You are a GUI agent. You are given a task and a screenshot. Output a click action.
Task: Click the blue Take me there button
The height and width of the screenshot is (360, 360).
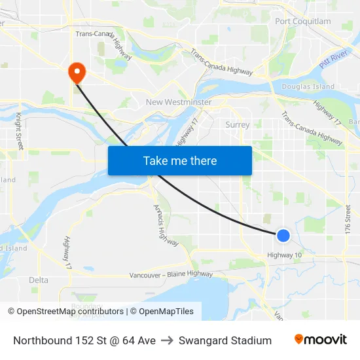[180, 160]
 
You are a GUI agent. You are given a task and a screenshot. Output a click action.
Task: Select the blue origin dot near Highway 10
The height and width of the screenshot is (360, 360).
[283, 235]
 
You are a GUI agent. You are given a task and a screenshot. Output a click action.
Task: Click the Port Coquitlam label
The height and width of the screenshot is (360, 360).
[303, 21]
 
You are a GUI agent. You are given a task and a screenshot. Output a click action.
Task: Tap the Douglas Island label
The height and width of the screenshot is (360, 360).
[308, 86]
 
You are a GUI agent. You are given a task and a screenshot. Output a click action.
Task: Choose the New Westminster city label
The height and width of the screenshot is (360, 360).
[179, 102]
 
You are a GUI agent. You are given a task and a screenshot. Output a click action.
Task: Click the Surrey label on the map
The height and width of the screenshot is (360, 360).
[237, 124]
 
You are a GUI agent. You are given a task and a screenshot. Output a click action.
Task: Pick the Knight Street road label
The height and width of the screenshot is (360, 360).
[20, 132]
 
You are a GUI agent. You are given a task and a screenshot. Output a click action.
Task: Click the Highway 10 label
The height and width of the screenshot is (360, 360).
[285, 255]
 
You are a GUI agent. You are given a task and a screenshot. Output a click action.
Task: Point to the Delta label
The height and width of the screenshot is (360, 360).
[39, 280]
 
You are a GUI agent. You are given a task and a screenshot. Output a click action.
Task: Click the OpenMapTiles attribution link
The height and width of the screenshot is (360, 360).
[166, 312]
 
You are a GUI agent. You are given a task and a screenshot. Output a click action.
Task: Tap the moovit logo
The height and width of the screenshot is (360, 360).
[320, 340]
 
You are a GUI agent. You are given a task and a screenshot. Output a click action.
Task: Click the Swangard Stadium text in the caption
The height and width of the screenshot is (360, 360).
[225, 340]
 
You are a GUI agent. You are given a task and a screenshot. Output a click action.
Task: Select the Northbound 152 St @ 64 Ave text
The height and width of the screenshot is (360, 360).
[84, 340]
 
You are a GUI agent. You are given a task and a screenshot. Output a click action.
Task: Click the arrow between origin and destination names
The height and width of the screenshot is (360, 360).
[167, 340]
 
